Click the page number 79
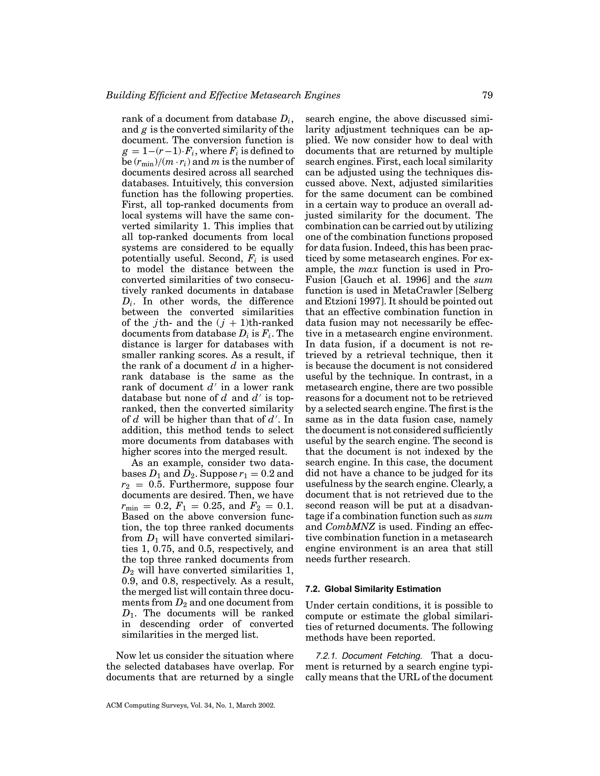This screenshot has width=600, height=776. click(487, 95)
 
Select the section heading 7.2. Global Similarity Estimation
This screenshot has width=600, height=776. click(373, 589)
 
